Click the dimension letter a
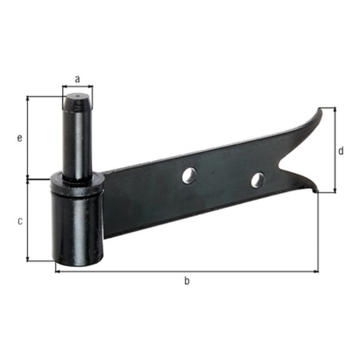coord(77,79)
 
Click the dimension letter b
coord(187,280)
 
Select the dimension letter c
coord(20,221)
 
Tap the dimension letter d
coord(341,151)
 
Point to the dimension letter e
coord(20,138)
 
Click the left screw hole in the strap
coord(190,175)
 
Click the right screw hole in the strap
coord(258,180)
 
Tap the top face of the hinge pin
coord(77,96)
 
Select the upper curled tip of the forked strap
coord(320,109)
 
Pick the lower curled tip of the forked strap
coord(315,190)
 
